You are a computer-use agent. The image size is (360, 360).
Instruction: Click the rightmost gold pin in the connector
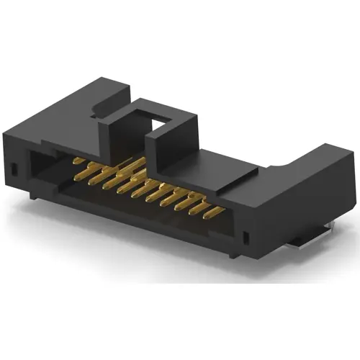coord(214,210)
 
